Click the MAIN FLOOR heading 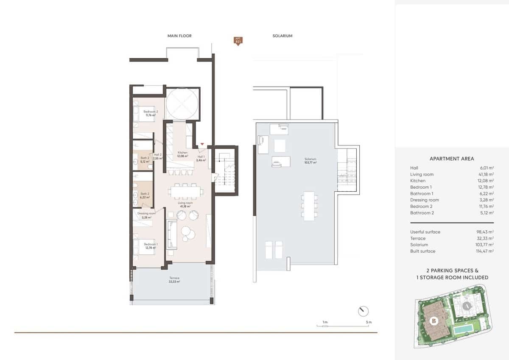[179, 36]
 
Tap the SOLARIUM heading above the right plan [282, 36]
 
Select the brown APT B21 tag [238, 41]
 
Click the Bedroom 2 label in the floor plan [150, 113]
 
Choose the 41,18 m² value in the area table [485, 174]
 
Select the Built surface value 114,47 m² [485, 251]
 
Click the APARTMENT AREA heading [452, 159]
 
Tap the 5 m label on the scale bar [369, 322]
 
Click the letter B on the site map [434, 321]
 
